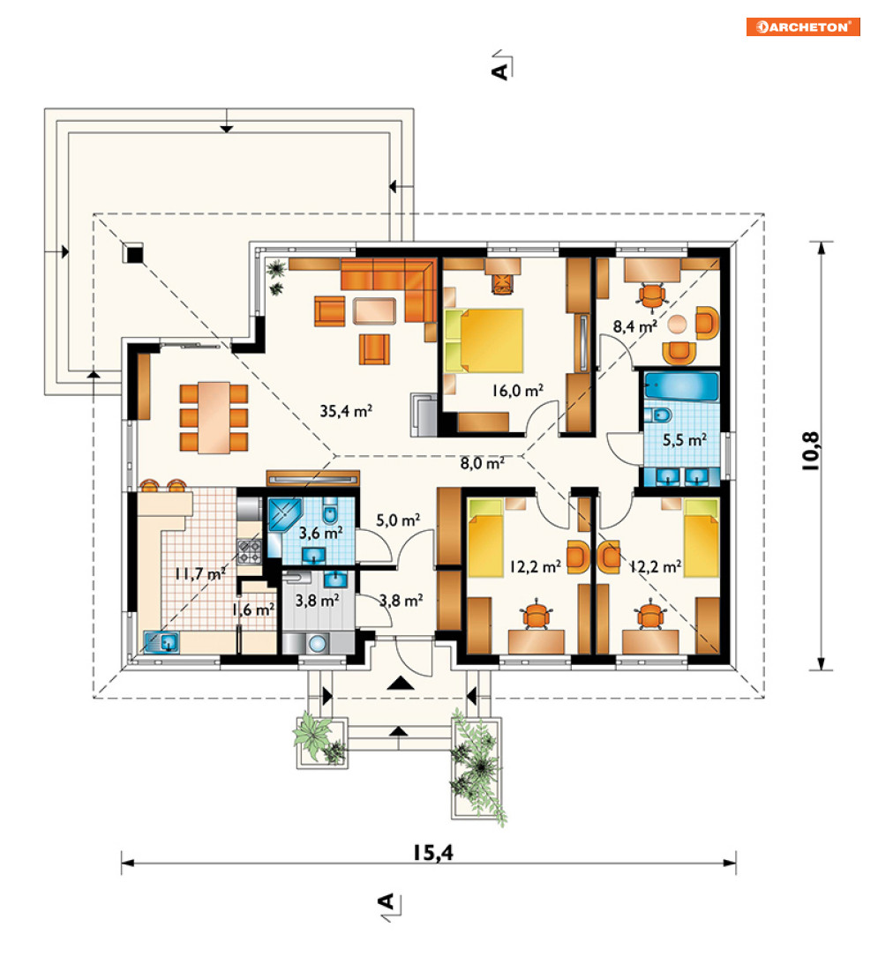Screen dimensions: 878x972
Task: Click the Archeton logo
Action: [x=803, y=26]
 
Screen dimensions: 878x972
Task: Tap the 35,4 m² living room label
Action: [x=346, y=410]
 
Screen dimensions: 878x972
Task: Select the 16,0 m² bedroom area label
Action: [x=518, y=391]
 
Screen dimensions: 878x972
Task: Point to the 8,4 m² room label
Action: [x=635, y=326]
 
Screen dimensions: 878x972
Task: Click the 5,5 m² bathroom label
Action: [x=685, y=440]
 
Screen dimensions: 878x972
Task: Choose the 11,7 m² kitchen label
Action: [x=199, y=573]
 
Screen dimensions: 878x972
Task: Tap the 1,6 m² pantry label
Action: [x=253, y=610]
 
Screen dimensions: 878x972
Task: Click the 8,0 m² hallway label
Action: [x=483, y=462]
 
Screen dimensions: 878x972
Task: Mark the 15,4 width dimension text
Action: [x=433, y=853]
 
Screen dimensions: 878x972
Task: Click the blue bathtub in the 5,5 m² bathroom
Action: [x=681, y=386]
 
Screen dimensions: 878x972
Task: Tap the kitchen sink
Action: [x=161, y=641]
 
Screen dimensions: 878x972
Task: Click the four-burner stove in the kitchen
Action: [x=249, y=551]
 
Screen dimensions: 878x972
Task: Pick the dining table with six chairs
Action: [x=214, y=417]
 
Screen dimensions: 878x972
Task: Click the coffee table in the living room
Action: [x=374, y=311]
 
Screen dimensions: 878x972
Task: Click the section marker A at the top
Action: [x=501, y=68]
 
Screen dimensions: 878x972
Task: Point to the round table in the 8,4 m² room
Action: [x=677, y=325]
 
